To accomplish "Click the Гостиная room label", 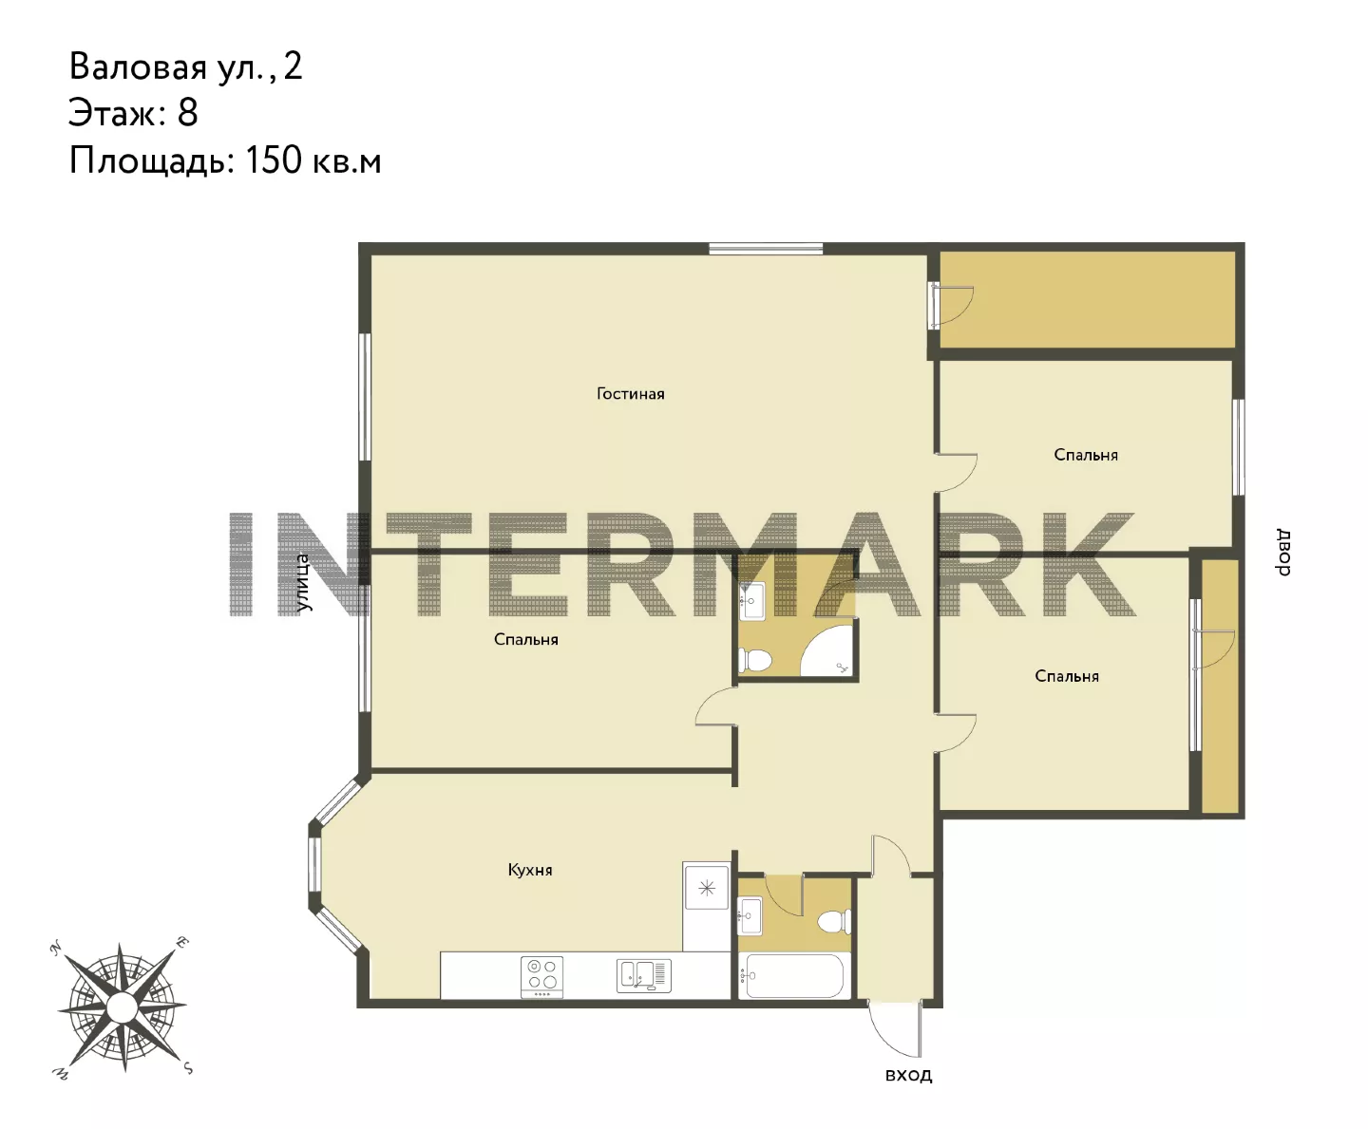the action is [630, 393].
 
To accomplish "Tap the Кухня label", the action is [530, 870].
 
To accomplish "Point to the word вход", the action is [908, 1075].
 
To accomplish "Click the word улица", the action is [302, 583].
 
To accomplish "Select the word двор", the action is [1283, 552].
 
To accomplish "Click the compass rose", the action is [122, 1007].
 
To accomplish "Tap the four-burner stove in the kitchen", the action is [541, 977].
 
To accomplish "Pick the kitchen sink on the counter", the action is [644, 976].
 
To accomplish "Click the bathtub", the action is [795, 975].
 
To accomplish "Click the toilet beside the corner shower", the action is [754, 660].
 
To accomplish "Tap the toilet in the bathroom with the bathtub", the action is [835, 921].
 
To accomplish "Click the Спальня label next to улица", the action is [526, 639].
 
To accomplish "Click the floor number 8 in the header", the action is [187, 113].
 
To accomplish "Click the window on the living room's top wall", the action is [766, 248].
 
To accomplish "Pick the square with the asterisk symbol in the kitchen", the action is [707, 889].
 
